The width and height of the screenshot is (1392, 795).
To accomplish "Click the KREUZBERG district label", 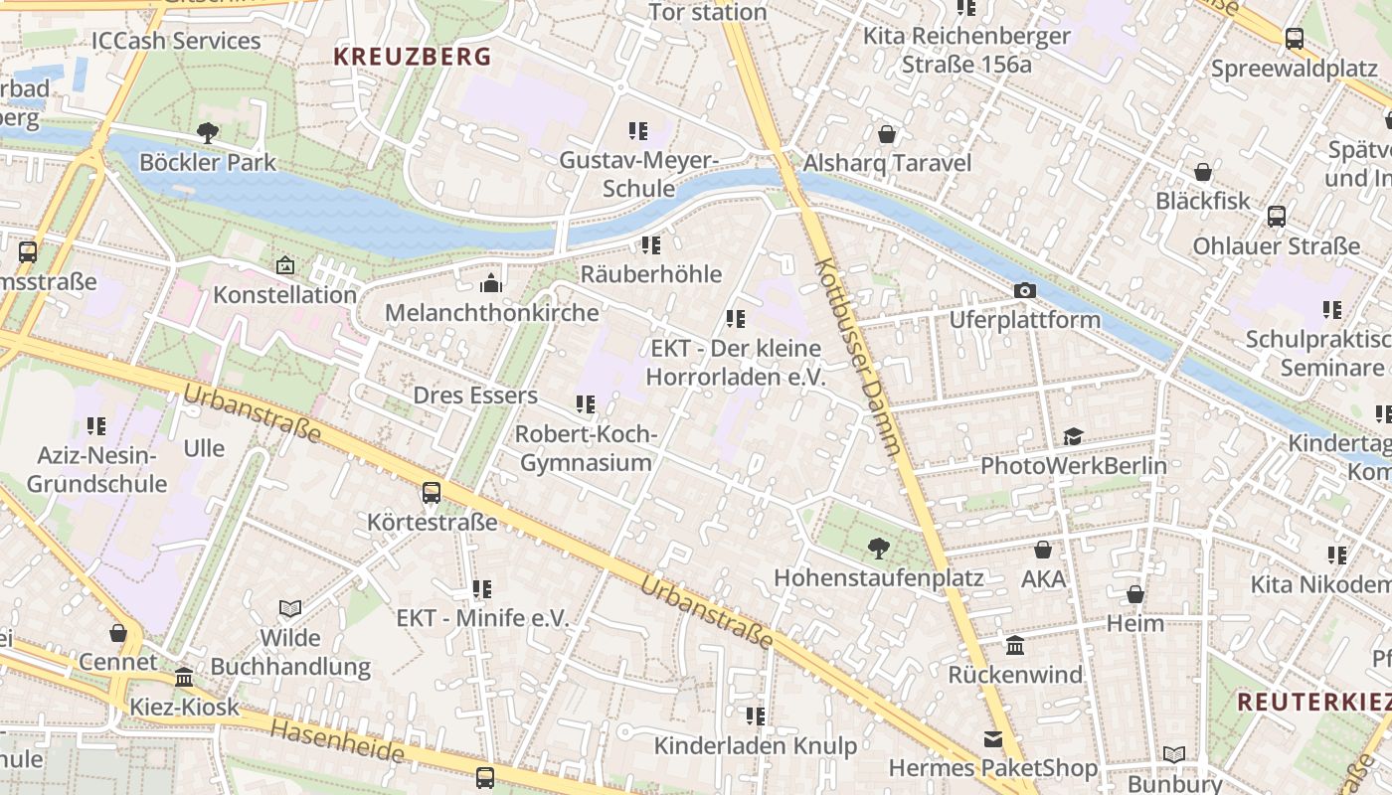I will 413,57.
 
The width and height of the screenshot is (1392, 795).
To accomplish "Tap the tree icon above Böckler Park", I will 207,132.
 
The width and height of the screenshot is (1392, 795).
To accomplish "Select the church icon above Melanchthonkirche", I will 491,284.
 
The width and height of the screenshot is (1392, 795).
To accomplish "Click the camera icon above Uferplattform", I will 1024,290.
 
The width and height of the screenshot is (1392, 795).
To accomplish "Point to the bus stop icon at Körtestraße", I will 432,492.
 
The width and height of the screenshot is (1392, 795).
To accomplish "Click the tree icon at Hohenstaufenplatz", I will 878,548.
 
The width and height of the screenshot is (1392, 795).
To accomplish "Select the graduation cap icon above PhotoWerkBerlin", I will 1073,436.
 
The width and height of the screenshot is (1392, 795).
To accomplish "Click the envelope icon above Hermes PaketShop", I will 992,738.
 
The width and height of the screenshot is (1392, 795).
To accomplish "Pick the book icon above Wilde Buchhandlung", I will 290,608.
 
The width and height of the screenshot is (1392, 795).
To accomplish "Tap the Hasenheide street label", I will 338,741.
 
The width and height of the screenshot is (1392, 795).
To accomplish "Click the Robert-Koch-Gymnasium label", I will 587,448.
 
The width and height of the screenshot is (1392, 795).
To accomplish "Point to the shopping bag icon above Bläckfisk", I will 1203,172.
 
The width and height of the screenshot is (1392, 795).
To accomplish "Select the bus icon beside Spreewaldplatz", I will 1295,39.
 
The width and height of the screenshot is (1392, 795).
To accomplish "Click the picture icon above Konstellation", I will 285,265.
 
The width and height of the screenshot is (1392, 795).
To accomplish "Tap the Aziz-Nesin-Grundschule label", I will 96,470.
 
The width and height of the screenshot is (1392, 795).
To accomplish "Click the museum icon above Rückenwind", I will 1015,646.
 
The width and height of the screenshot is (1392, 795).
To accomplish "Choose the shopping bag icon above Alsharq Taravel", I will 887,133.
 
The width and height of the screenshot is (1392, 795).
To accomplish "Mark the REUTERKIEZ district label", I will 1312,702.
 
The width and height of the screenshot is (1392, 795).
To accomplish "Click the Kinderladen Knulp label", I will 756,745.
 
